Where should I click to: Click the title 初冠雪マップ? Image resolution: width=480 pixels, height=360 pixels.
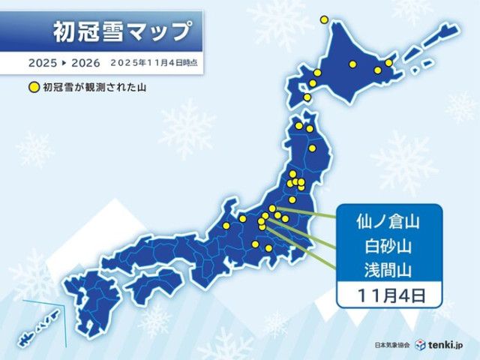tap(121, 32)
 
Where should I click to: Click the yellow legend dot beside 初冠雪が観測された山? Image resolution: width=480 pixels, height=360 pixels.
tap(32, 88)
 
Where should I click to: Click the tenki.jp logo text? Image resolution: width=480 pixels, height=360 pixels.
tap(448, 344)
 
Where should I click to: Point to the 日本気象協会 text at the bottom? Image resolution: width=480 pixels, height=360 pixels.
tap(392, 345)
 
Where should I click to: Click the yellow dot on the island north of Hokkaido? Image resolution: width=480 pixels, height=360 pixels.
tap(325, 19)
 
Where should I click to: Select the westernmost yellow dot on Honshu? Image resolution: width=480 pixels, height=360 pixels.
tap(226, 226)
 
